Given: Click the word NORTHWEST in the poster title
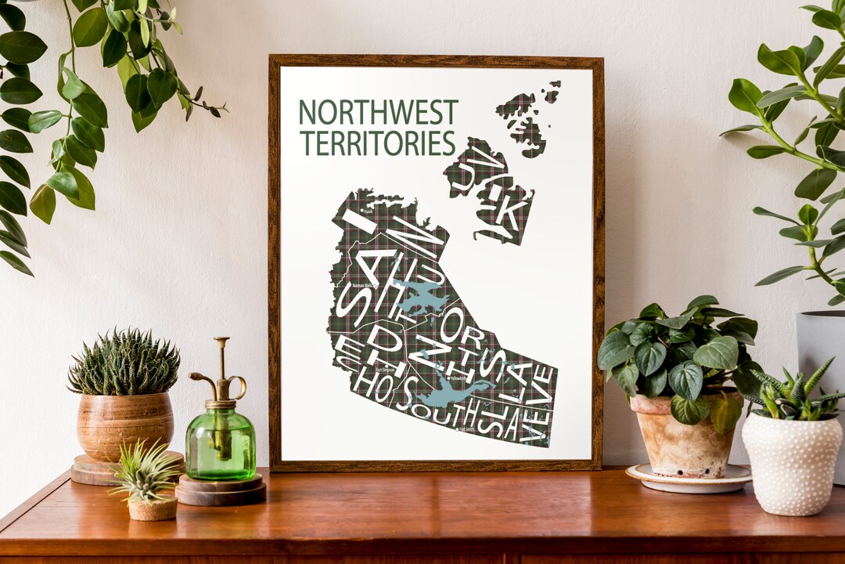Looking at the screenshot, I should click(377, 113).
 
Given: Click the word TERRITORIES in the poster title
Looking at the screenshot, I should click(377, 143).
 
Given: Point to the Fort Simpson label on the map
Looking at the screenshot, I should click(385, 369).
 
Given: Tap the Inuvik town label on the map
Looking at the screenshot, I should click(369, 211).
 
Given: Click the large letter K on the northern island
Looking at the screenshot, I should click(507, 212).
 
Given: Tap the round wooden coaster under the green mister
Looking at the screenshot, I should click(220, 492).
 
